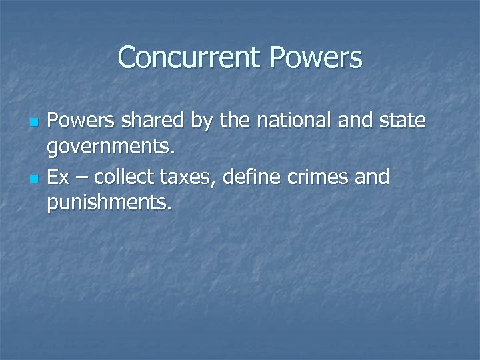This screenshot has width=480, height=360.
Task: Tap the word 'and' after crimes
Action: (374, 178)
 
